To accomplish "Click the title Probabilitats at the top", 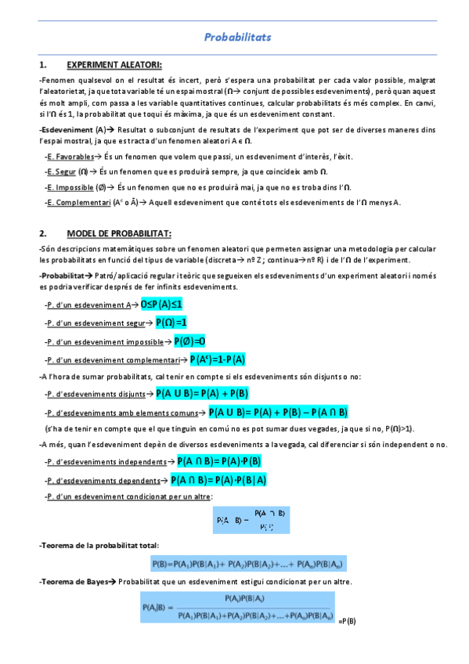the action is (236, 37).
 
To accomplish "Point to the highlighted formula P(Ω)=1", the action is (171, 322).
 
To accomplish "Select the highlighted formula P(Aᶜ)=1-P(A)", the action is (218, 359).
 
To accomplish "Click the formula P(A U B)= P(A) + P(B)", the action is (202, 393).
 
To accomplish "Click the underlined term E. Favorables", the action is (72, 157).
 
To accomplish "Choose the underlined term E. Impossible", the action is (70, 187).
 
